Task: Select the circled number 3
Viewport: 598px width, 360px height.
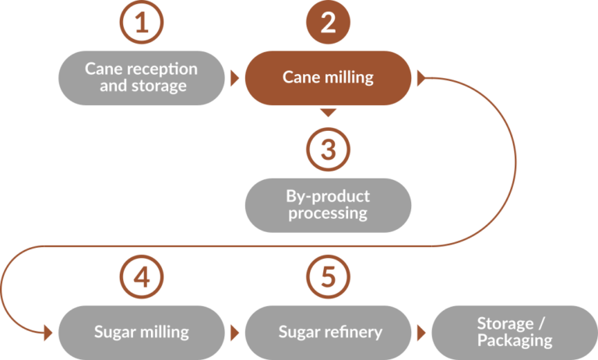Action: tap(328, 148)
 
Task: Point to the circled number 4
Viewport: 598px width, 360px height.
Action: tap(141, 275)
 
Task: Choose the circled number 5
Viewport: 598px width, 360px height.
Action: tap(328, 275)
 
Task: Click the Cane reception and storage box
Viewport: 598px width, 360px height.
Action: tap(141, 78)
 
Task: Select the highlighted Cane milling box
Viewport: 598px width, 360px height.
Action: tap(328, 78)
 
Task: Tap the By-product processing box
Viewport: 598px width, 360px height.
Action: tap(328, 205)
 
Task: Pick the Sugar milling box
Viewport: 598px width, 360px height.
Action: tap(141, 332)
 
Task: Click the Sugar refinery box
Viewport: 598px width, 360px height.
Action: tap(328, 332)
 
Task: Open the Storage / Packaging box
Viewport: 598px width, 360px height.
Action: tap(514, 332)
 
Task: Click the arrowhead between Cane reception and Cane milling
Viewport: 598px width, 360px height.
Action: tap(234, 78)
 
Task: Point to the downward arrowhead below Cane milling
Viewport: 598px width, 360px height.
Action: tap(328, 113)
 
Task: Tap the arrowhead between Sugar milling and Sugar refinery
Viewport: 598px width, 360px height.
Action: tap(234, 333)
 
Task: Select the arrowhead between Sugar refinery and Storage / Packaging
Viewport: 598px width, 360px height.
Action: tap(421, 333)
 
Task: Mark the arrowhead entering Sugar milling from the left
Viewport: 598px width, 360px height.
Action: tap(48, 333)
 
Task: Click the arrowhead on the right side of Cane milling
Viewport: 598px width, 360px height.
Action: tap(421, 78)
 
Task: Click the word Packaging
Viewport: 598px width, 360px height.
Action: tap(515, 341)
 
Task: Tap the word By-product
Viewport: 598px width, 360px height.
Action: tap(328, 196)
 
